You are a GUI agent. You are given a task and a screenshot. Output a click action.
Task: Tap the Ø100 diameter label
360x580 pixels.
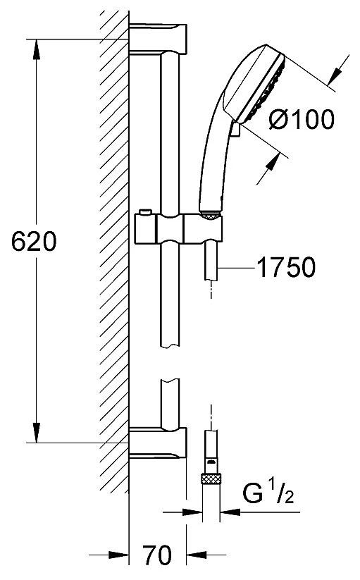(x=302, y=121)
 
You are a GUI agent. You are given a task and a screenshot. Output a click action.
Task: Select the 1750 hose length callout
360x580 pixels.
(x=285, y=267)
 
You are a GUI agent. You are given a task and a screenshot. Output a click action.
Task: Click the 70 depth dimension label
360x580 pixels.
(x=156, y=556)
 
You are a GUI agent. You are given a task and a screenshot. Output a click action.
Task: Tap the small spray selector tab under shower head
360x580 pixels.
(x=235, y=130)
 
